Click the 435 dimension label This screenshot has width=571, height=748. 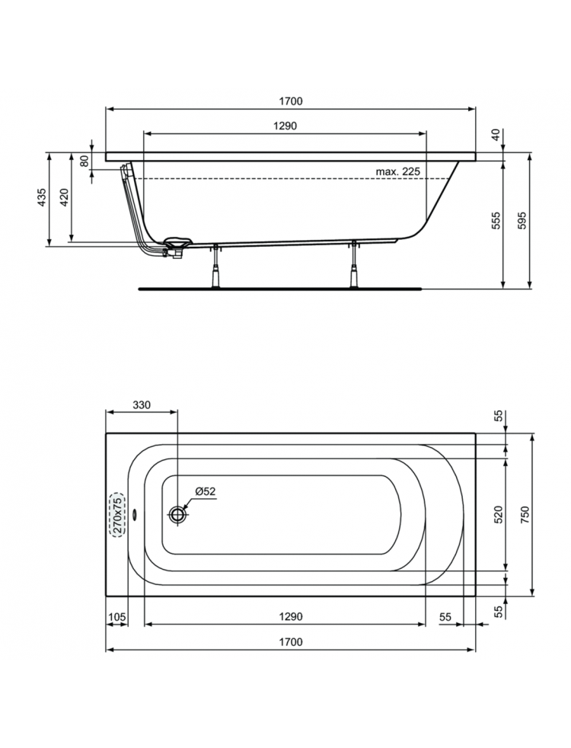41,197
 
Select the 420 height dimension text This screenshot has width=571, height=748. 65,197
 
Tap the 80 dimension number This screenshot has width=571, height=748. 85,161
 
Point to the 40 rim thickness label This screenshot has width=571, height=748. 496,135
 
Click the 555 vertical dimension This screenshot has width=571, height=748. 496,221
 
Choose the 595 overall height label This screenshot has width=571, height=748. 522,221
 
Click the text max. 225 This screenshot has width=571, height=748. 398,171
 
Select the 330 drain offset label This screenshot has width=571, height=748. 142,405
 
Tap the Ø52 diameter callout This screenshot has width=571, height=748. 206,491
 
